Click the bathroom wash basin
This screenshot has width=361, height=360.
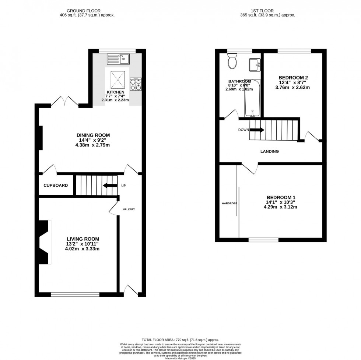coord(255,65)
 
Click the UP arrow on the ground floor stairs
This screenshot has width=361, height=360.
coord(110,186)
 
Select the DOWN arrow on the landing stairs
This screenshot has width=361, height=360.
coord(257,130)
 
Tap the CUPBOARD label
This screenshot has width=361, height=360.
coord(56,185)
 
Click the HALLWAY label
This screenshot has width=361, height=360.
coord(129,209)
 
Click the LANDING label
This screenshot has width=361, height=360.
coord(270,151)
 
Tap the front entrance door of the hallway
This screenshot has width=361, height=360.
coord(131,290)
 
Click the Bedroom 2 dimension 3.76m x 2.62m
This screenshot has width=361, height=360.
coord(293,88)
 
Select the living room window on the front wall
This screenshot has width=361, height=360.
coord(75,294)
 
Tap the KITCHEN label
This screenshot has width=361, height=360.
coord(116,92)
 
